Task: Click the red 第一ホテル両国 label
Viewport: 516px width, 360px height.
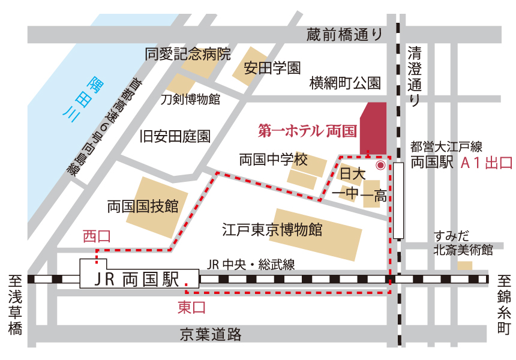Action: tap(307, 130)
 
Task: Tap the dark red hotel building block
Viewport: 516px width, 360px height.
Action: tap(373, 127)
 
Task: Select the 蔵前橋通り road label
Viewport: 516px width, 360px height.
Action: tap(344, 34)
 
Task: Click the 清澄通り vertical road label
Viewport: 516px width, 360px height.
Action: tap(415, 76)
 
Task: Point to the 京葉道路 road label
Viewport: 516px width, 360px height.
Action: tap(211, 334)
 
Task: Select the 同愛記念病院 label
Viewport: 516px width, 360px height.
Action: tap(188, 55)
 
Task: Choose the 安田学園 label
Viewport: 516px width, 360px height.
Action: tap(272, 68)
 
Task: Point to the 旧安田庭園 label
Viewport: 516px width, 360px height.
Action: tap(175, 136)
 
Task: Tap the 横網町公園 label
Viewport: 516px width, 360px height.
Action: tap(345, 83)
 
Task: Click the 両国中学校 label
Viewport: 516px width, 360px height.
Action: tap(273, 160)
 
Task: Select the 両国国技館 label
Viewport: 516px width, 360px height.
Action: tap(143, 206)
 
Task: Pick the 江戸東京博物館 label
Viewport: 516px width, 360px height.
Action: tap(272, 229)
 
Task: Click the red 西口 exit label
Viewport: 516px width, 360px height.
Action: tap(97, 236)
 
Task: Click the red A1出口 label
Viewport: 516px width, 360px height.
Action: tap(486, 163)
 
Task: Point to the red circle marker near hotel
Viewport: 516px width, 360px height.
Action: tap(380, 164)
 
